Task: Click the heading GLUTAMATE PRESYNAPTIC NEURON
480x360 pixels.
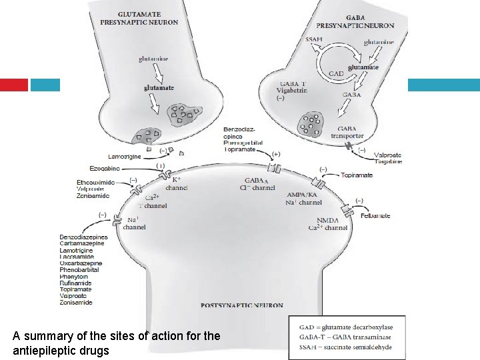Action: click(x=139, y=17)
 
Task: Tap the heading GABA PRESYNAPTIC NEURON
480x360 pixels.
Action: click(x=360, y=21)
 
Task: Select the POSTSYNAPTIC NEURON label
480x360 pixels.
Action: click(x=241, y=305)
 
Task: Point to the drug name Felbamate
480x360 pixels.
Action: click(x=375, y=216)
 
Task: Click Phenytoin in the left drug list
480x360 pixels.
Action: click(x=74, y=276)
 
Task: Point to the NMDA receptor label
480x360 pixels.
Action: click(x=327, y=221)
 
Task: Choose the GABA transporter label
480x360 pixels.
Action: click(x=347, y=132)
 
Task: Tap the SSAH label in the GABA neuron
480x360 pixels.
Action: click(x=313, y=39)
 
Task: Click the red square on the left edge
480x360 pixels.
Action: click(x=14, y=85)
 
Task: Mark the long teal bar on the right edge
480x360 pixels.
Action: click(x=443, y=85)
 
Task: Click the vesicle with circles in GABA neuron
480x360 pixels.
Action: click(x=311, y=124)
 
